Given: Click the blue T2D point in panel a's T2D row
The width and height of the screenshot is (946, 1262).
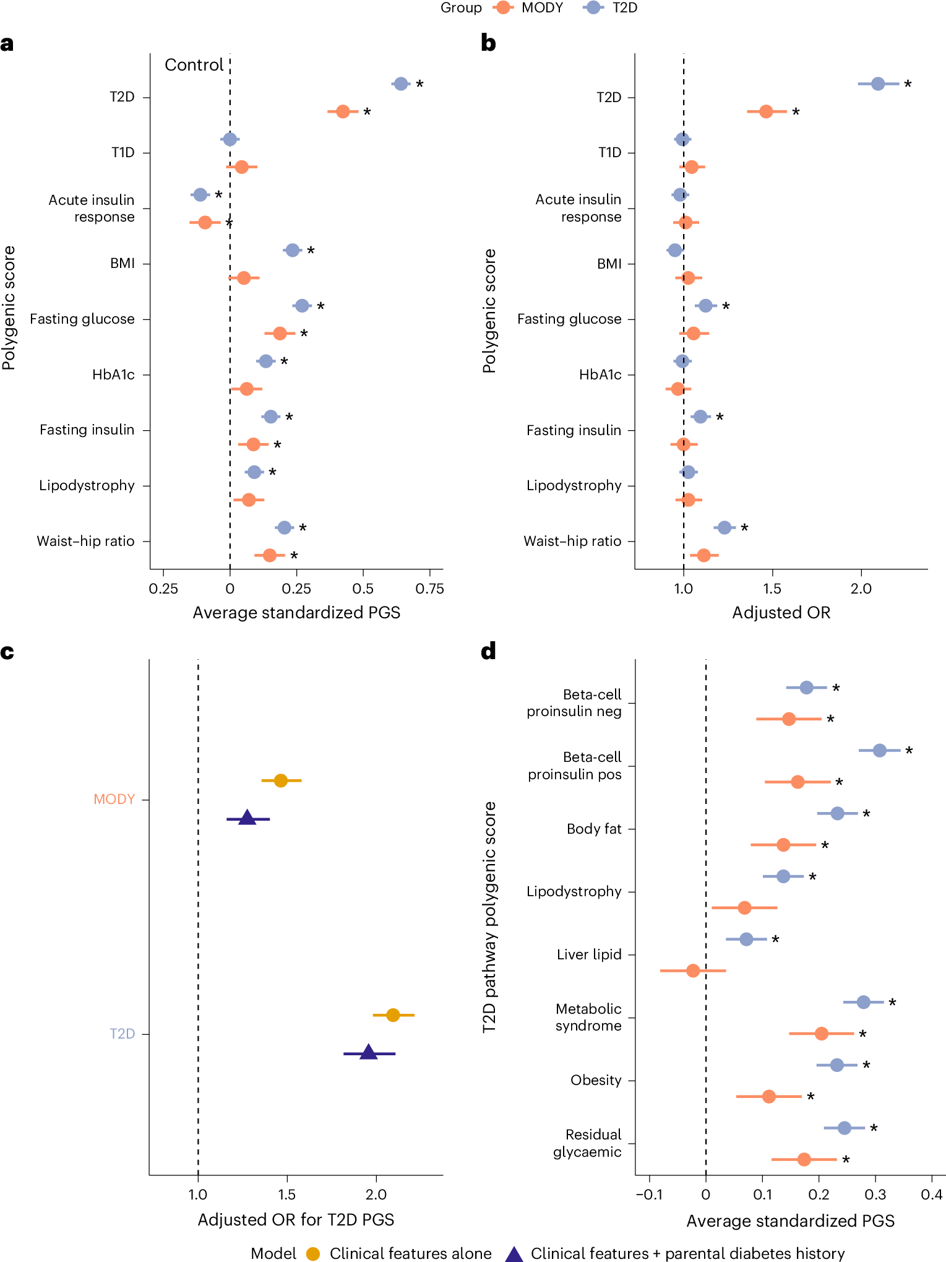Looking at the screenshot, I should pyautogui.click(x=401, y=84).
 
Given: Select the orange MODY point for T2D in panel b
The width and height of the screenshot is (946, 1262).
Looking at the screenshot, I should pyautogui.click(x=766, y=111).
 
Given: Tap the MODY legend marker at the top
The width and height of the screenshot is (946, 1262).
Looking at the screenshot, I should pyautogui.click(x=504, y=7).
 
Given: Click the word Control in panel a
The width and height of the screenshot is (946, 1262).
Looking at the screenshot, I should pyautogui.click(x=194, y=65).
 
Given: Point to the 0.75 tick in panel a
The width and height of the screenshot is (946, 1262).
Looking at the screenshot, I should pyautogui.click(x=429, y=589).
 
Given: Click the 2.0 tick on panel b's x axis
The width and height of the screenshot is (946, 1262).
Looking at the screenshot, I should pyautogui.click(x=861, y=589).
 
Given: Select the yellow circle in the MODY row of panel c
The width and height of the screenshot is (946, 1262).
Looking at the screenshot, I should pyautogui.click(x=281, y=780).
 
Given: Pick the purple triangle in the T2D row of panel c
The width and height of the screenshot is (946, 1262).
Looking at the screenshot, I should pyautogui.click(x=368, y=1052).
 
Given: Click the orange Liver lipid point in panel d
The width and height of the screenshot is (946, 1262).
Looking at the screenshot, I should pyautogui.click(x=693, y=970).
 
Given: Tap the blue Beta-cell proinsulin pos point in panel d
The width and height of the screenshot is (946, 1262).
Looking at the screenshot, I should pyautogui.click(x=879, y=750).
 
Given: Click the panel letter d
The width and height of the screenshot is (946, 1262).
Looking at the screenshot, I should pyautogui.click(x=488, y=651).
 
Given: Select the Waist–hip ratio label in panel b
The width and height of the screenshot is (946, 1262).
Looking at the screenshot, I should pyautogui.click(x=572, y=541).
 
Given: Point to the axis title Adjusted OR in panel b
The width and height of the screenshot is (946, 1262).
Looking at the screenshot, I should pyautogui.click(x=781, y=613).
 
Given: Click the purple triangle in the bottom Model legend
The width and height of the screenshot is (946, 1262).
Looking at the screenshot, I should pyautogui.click(x=514, y=1254).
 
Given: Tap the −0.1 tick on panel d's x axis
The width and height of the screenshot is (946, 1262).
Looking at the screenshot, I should pyautogui.click(x=650, y=1195).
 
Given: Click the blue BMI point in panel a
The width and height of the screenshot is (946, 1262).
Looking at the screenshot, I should pyautogui.click(x=293, y=250).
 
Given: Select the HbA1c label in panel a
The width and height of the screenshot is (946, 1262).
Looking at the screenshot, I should pyautogui.click(x=113, y=374).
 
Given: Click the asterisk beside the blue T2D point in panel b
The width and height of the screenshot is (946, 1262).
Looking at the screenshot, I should pyautogui.click(x=908, y=84).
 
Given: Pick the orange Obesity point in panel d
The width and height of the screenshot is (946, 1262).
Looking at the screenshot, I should pyautogui.click(x=768, y=1096).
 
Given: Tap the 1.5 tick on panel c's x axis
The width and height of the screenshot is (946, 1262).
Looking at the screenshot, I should pyautogui.click(x=286, y=1195).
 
